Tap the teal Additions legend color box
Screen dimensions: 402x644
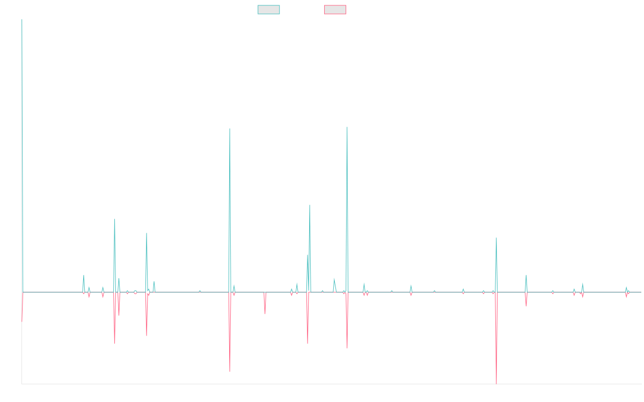pos(269,10)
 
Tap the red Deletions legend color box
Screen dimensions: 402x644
pos(335,10)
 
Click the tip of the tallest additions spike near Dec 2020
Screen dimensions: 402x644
pos(347,127)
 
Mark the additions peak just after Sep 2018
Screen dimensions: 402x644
pos(230,129)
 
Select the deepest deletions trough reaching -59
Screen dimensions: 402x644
pos(496,383)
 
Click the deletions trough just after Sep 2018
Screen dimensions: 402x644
pos(230,371)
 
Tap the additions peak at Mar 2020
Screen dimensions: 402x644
pos(310,205)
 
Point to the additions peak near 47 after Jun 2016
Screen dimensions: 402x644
pos(115,219)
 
